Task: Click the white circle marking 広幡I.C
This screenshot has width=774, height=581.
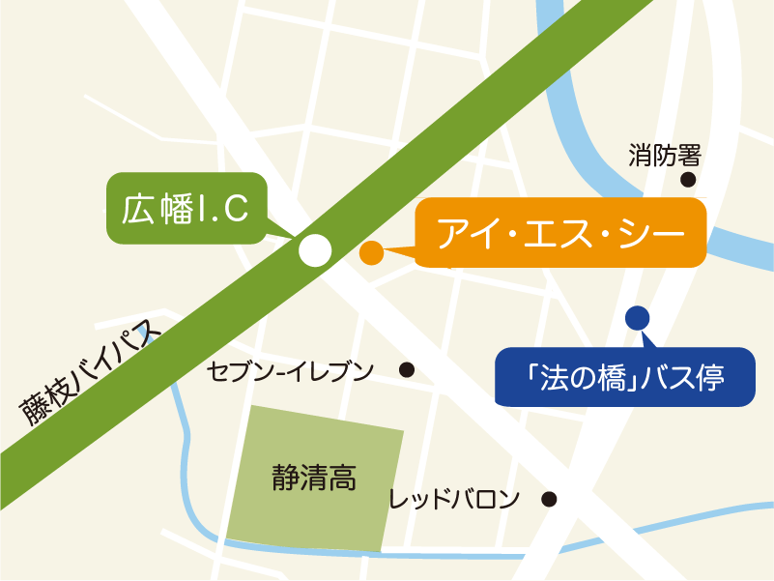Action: pyautogui.click(x=314, y=250)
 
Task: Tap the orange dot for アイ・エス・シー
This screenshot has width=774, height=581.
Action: pyautogui.click(x=371, y=253)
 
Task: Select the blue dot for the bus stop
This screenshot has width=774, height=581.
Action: pyautogui.click(x=638, y=316)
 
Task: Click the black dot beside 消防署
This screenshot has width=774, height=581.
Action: pyautogui.click(x=689, y=179)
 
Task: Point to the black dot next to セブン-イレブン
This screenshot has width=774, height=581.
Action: pyautogui.click(x=407, y=369)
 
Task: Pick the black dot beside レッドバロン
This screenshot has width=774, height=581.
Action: pyautogui.click(x=549, y=500)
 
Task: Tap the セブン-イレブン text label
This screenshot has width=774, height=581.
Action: pyautogui.click(x=291, y=370)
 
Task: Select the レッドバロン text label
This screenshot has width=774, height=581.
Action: pyautogui.click(x=454, y=500)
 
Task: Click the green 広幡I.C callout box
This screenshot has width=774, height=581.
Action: pyautogui.click(x=185, y=208)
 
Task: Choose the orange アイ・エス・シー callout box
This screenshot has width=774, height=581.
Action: pyautogui.click(x=560, y=233)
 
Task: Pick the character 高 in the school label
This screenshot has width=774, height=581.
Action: pyautogui.click(x=343, y=477)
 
